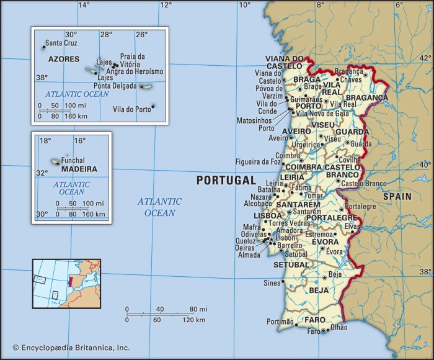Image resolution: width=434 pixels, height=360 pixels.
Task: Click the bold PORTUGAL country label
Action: pyautogui.click(x=226, y=181)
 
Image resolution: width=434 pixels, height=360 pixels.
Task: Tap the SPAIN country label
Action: pyautogui.click(x=396, y=196)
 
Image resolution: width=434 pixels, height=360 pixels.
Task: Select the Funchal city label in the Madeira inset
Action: pyautogui.click(x=73, y=160)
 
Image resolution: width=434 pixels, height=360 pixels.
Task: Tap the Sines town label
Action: pyautogui.click(x=272, y=282)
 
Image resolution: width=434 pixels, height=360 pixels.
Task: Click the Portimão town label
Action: pyautogui.click(x=279, y=322)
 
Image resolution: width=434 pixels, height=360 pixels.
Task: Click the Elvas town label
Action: pyautogui.click(x=352, y=227)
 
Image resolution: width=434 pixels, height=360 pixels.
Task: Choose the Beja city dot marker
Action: pyautogui.click(x=324, y=274)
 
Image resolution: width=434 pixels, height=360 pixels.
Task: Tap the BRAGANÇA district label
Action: pyautogui.click(x=366, y=97)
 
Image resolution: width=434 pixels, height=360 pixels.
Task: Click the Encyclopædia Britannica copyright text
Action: pyautogui.click(x=62, y=349)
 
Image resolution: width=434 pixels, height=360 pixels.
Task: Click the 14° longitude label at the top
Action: pyautogui.click(x=83, y=5)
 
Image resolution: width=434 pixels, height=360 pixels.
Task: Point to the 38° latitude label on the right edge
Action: pyautogui.click(x=425, y=272)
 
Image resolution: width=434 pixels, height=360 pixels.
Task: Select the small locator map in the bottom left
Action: pyautogui.click(x=66, y=284)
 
